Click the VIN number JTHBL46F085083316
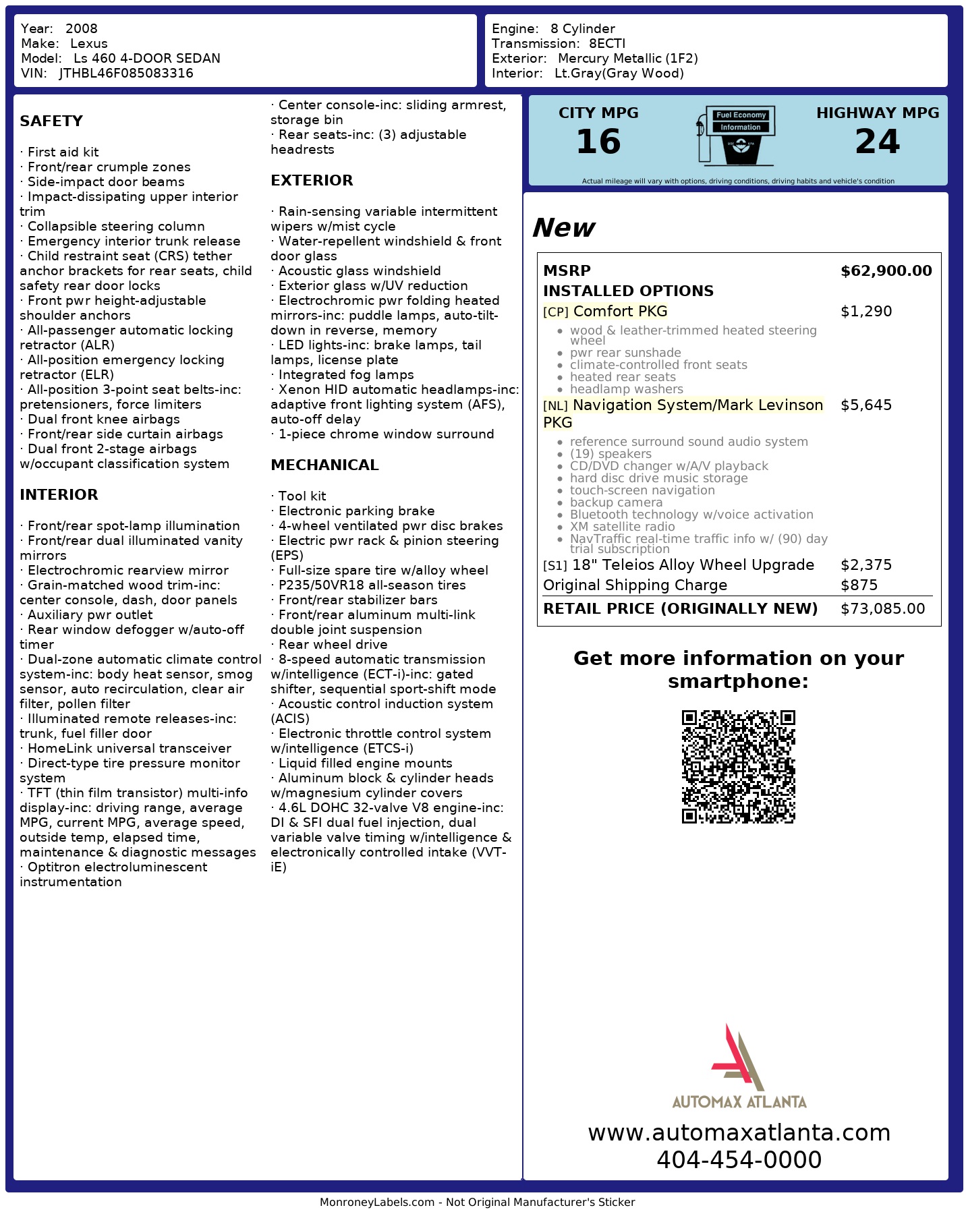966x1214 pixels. [126, 74]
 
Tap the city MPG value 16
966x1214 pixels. [598, 142]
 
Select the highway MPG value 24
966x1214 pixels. [877, 142]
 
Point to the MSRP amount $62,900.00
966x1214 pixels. [886, 271]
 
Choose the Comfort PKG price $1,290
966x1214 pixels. [866, 312]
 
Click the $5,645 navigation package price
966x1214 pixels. [866, 405]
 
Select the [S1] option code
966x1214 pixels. [555, 566]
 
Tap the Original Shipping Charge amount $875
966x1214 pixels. [859, 585]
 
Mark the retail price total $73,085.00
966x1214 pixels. [882, 609]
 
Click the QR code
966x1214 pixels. [738, 766]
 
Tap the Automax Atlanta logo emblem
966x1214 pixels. [737, 1058]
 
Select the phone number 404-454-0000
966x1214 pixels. [739, 1160]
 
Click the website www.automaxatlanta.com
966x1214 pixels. [739, 1133]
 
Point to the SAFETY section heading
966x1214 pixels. [51, 121]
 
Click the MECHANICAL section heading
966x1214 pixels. [324, 465]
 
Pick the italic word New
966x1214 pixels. [563, 228]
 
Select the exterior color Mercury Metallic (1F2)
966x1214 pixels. [627, 59]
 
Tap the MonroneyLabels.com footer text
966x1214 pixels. [477, 1203]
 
